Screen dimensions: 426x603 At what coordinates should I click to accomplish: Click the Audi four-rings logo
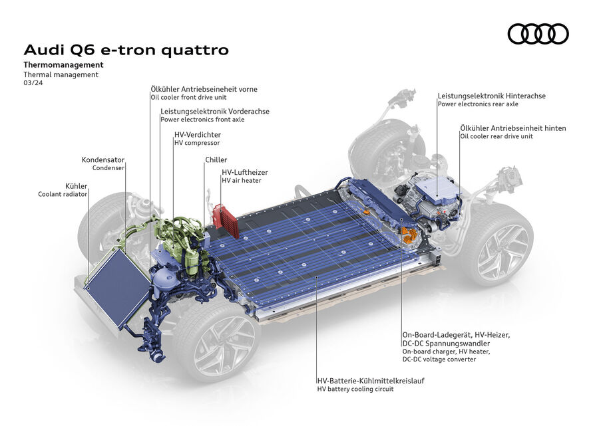pyautogui.click(x=538, y=33)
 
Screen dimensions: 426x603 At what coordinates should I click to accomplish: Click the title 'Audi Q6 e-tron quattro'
pyautogui.click(x=126, y=50)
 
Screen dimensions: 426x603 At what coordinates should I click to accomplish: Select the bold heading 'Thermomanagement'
pyautogui.click(x=63, y=65)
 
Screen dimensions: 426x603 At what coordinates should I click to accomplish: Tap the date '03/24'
pyautogui.click(x=32, y=84)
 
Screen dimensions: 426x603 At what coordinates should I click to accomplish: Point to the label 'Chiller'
pyautogui.click(x=216, y=160)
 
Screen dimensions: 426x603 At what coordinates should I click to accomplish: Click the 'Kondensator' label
pyautogui.click(x=103, y=160)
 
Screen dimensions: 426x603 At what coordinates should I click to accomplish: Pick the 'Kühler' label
pyautogui.click(x=76, y=185)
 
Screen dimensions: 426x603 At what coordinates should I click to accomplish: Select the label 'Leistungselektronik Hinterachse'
pyautogui.click(x=491, y=96)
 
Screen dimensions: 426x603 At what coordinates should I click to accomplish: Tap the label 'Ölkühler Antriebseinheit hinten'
pyautogui.click(x=512, y=128)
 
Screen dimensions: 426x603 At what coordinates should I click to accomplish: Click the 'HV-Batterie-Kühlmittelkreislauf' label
pyautogui.click(x=371, y=381)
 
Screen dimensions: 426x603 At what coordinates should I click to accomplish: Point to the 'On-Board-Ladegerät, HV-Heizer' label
pyautogui.click(x=456, y=334)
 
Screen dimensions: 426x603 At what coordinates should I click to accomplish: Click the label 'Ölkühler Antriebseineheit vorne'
pyautogui.click(x=204, y=89)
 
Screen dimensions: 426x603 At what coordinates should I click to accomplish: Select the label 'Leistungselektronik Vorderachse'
pyautogui.click(x=215, y=111)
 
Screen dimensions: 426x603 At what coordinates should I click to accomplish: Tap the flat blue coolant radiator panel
pyautogui.click(x=116, y=286)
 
